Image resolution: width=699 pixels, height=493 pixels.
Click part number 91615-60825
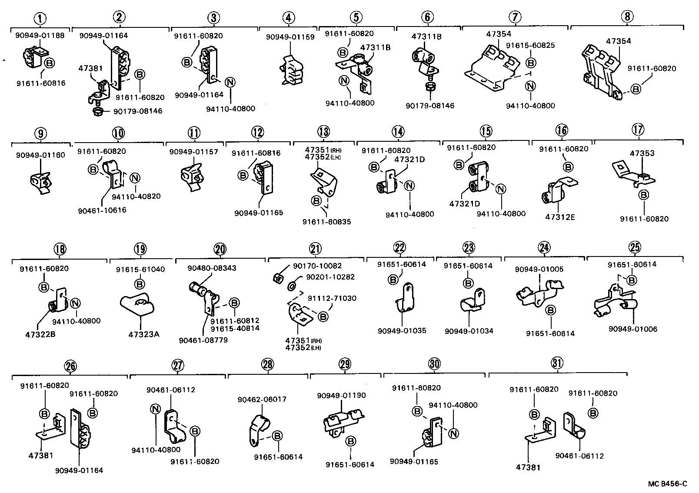pos(530,46)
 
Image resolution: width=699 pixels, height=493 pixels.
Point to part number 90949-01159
pos(290,37)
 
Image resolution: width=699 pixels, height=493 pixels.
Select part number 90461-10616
pos(102,210)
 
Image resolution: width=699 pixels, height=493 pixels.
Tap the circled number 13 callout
pos(323,131)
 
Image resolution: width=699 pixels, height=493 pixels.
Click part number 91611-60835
pos(326,222)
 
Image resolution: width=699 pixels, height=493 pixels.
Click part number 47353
pos(642,153)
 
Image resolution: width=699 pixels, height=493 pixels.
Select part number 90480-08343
pos(212,268)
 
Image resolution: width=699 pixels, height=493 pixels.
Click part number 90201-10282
pos(323,277)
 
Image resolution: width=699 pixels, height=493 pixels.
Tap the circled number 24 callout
pos(544,248)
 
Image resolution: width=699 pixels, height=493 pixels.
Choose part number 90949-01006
pos(632,329)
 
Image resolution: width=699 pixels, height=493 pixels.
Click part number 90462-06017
pos(262,399)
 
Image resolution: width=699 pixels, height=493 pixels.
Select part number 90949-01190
pos(341,396)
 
